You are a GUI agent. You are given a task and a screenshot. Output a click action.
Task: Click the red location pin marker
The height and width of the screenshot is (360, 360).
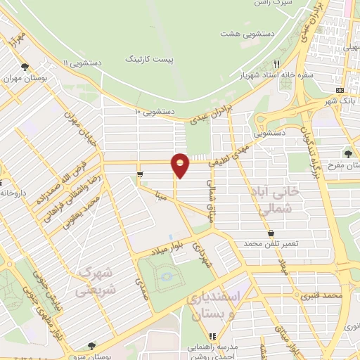coord(181,164)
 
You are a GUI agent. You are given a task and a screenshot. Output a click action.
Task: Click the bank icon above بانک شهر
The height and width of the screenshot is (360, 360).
coord(340,91)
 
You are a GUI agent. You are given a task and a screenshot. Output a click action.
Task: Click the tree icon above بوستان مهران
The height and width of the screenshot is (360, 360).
coord(25,67)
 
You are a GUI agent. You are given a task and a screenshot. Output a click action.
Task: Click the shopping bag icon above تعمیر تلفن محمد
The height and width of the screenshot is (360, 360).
coord(271,233)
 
